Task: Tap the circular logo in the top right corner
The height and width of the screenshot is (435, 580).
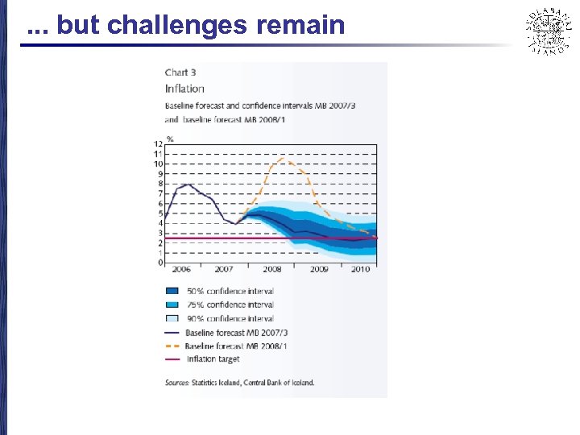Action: tap(548, 31)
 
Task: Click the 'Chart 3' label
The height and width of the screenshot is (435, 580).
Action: tap(181, 73)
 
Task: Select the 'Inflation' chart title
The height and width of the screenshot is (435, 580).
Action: tap(184, 89)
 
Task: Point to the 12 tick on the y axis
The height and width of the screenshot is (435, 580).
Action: tap(159, 144)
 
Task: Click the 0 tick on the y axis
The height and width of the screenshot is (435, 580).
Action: tap(160, 263)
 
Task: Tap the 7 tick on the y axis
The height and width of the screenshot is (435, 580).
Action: tap(160, 193)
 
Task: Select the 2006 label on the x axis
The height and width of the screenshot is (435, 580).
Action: tap(180, 269)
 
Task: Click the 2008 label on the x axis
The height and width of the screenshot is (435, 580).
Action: tap(271, 269)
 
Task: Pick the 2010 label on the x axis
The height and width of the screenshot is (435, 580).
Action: tap(360, 269)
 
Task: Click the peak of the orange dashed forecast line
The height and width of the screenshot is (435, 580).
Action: tap(281, 159)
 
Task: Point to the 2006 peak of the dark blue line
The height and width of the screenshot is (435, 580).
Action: tap(187, 184)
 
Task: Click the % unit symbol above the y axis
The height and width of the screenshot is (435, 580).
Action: tap(169, 139)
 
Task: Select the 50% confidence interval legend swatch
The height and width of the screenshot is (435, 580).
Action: tap(172, 291)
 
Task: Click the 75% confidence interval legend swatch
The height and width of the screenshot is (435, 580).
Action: tap(172, 304)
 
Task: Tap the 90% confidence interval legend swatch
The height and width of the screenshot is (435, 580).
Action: tap(172, 318)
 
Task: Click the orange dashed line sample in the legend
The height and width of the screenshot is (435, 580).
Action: tap(172, 346)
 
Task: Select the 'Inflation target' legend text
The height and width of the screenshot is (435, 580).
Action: tap(213, 359)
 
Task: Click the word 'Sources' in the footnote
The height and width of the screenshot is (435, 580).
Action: tap(176, 383)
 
